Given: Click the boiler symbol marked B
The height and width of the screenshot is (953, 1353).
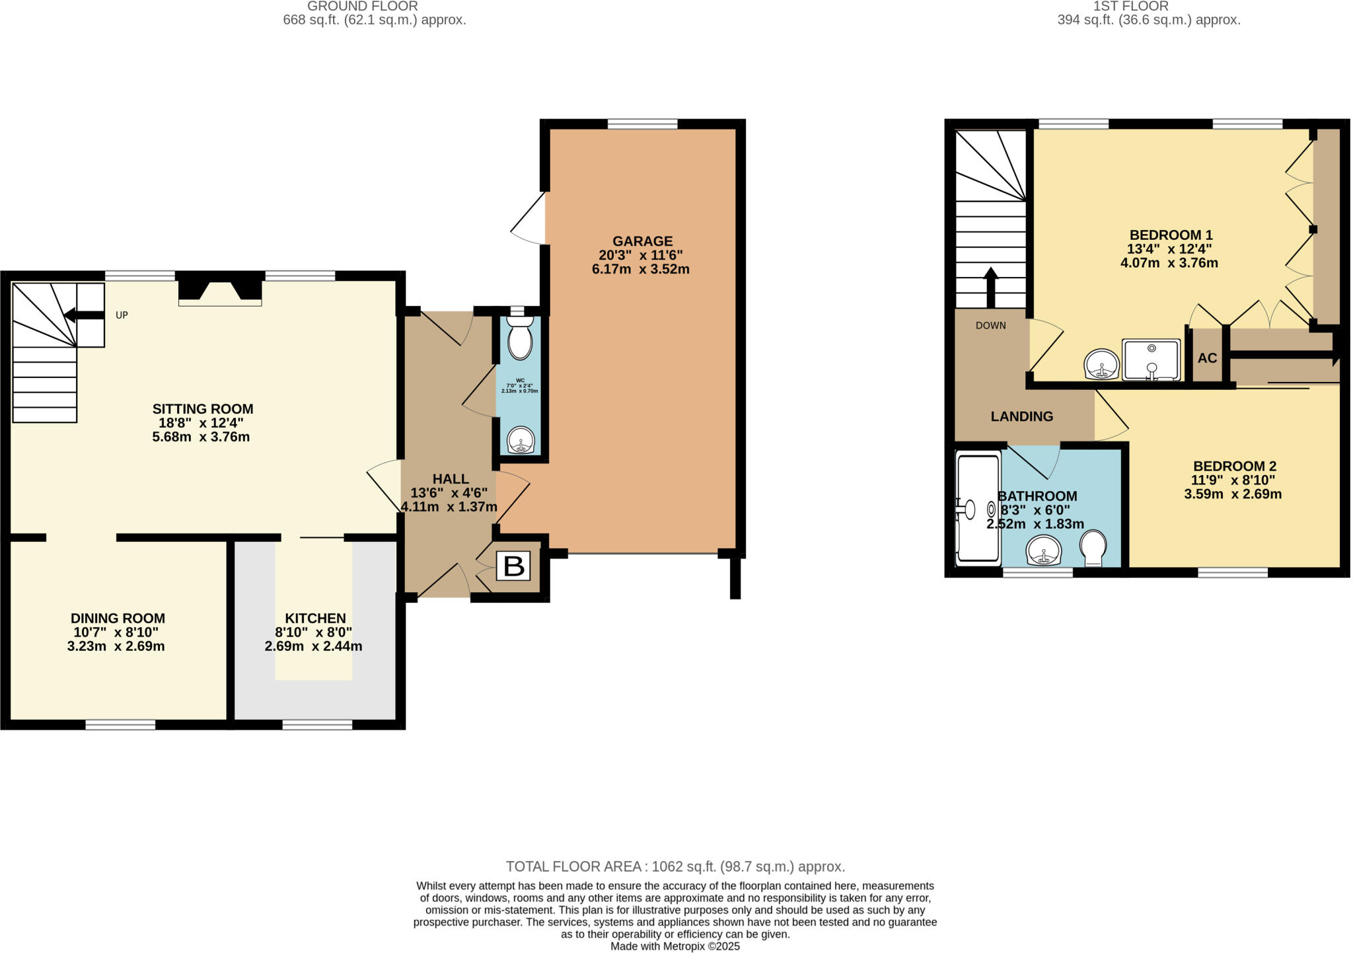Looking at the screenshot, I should [513, 566].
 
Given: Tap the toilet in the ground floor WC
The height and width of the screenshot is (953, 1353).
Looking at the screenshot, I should [521, 338].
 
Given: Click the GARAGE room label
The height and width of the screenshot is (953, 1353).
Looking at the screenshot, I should [642, 241].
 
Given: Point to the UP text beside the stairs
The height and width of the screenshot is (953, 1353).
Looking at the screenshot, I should [122, 315].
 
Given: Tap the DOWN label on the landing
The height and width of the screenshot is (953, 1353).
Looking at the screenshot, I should [990, 325].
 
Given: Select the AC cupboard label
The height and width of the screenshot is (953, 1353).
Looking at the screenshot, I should [1207, 358].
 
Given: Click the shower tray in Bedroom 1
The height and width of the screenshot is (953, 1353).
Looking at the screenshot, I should [1151, 360].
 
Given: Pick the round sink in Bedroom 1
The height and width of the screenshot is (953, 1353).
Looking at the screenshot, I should [1101, 364].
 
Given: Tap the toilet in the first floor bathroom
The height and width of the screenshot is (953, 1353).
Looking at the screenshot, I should [1093, 548].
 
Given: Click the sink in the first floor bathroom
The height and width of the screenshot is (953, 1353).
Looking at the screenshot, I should [1044, 550].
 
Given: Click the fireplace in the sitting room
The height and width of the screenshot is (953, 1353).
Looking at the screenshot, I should [220, 291].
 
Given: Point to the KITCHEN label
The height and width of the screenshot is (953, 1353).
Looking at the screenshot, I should [315, 619].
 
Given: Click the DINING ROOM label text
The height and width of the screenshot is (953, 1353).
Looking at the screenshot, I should [118, 619].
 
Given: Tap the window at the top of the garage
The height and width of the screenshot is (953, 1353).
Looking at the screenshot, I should [642, 124].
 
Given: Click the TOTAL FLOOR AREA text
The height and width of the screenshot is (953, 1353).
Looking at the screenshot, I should [675, 866].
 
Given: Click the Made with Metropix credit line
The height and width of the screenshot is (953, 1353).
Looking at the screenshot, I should [675, 946].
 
